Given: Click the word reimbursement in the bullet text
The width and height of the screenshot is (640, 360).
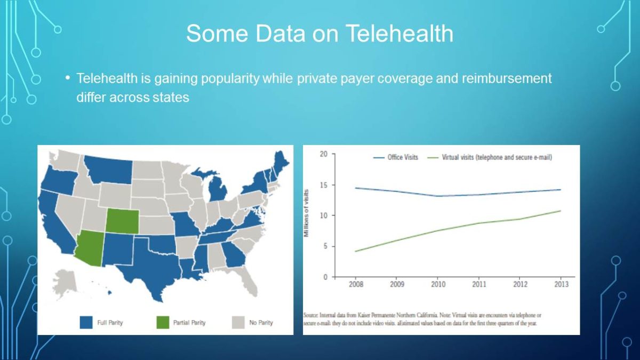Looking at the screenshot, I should [507, 79].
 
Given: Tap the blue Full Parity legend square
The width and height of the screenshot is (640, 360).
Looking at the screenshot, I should [86, 322].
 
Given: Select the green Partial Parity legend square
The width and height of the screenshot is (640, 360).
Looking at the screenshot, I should [162, 322].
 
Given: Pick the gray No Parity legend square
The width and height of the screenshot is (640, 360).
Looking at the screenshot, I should [238, 322].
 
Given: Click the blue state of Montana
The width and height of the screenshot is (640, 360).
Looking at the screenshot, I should [109, 170].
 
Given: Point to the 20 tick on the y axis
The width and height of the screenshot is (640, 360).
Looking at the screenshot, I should [324, 154].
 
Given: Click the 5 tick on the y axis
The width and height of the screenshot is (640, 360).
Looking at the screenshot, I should [325, 246].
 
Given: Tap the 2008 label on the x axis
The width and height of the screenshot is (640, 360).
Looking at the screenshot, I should [356, 284].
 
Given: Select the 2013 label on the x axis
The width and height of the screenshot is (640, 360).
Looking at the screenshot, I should [561, 284].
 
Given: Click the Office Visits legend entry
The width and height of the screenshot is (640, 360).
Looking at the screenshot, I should [403, 157].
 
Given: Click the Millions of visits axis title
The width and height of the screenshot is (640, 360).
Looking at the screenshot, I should [308, 213].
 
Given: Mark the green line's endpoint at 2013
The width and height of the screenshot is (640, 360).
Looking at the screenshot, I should [561, 211].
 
